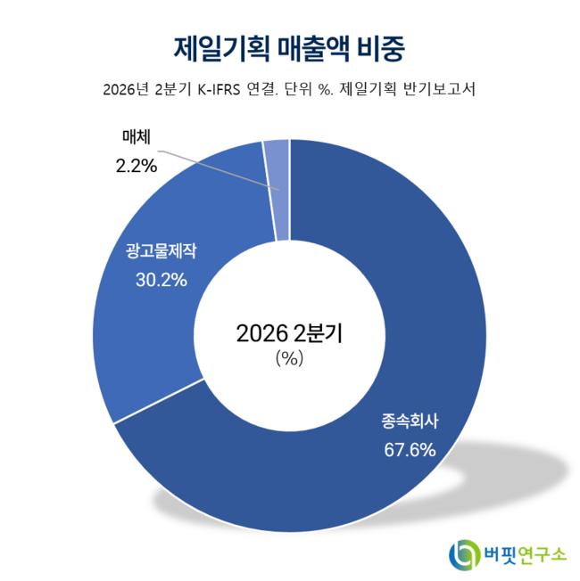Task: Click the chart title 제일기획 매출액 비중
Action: (x=289, y=49)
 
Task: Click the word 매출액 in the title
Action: (x=313, y=49)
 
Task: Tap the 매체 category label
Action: (x=137, y=136)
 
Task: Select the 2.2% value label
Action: (x=137, y=166)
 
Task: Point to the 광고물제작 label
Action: (x=161, y=251)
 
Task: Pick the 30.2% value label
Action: (x=162, y=280)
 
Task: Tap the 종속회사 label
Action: (x=410, y=421)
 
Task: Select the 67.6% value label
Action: (x=410, y=450)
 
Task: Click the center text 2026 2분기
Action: (x=289, y=333)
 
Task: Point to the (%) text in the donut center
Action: (x=289, y=358)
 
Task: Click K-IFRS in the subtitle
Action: (x=219, y=90)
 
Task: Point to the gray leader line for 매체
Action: (x=219, y=170)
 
